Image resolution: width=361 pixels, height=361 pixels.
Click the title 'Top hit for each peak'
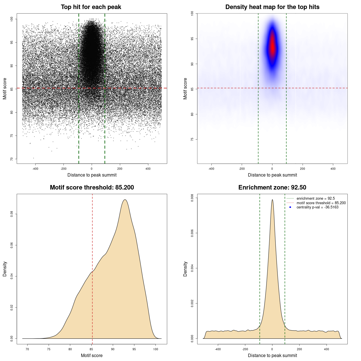pos(91,7)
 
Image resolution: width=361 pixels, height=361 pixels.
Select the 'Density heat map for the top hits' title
pos(272,7)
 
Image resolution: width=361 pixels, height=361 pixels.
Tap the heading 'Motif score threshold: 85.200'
pos(92,188)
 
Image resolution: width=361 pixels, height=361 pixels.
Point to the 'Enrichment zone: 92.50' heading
pos(272,188)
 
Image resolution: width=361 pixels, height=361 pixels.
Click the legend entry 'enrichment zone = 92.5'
pos(316,199)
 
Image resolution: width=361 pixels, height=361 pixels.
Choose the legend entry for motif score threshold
pos(321,203)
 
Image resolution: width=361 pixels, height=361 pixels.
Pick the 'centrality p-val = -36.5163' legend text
pos(317,207)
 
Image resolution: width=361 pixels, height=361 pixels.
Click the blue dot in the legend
pos(290,207)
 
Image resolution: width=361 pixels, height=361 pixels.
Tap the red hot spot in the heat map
pos(272,45)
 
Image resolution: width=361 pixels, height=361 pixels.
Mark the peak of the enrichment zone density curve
pos(272,200)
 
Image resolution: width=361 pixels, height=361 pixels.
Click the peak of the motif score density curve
pos(125,200)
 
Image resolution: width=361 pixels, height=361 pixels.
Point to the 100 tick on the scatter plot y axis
pos(12,19)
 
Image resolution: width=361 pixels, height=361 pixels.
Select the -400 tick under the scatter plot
pos(35,169)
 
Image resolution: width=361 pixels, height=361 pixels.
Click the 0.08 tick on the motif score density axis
pos(12,214)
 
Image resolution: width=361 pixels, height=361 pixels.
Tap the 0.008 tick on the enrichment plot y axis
pos(192,198)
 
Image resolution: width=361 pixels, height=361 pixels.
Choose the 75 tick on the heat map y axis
pos(192,139)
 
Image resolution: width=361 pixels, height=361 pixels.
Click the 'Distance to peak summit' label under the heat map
pos(272,175)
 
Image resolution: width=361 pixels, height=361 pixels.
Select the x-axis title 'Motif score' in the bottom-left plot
pos(92,356)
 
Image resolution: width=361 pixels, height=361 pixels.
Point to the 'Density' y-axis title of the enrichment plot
pos(185,269)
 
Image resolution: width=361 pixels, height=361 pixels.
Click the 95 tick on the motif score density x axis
pos(134,349)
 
